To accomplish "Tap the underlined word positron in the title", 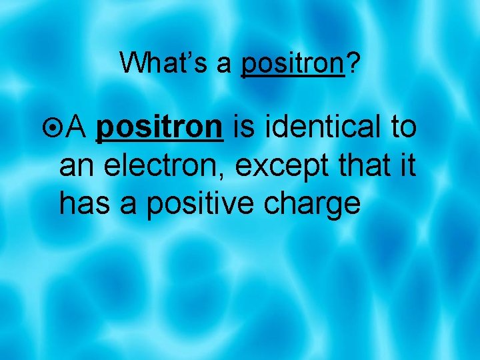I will pos(292,64).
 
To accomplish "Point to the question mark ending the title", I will pos(352,63).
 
